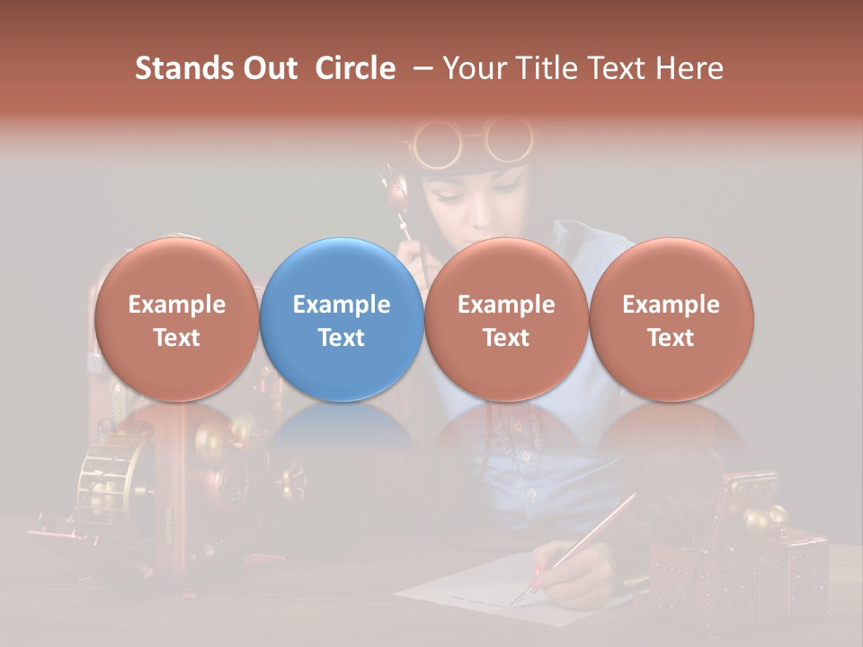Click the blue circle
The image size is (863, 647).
(342, 319)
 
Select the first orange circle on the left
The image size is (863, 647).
(176, 319)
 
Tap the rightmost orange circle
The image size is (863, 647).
(671, 319)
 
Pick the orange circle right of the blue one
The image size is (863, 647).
(506, 319)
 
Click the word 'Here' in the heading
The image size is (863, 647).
(690, 68)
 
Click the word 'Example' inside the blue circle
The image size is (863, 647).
(342, 305)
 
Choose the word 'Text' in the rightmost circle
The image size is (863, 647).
(671, 338)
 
